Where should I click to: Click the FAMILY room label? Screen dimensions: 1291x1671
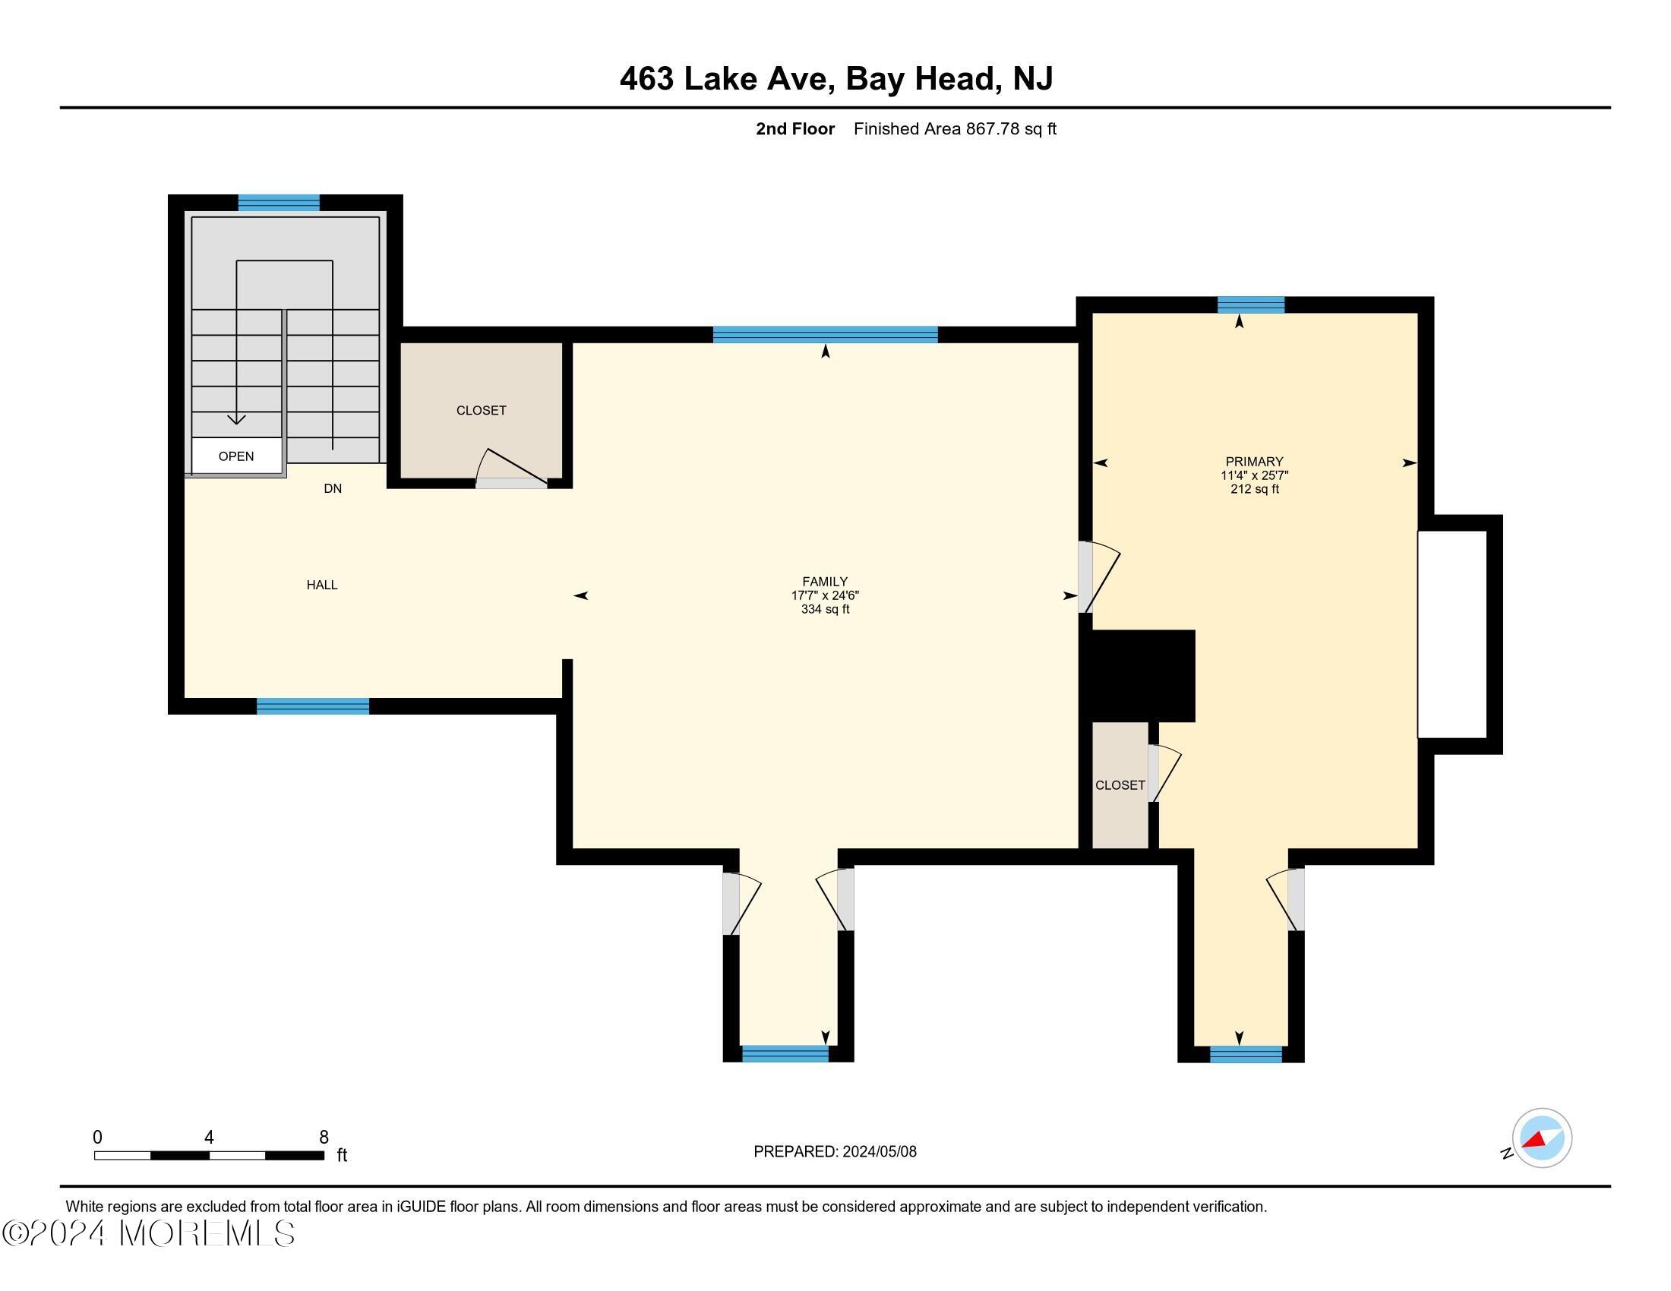(x=824, y=581)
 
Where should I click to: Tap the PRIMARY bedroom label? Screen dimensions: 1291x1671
(x=1254, y=461)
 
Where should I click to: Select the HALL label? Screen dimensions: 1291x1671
(x=321, y=585)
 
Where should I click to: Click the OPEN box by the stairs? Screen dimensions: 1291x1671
(x=235, y=456)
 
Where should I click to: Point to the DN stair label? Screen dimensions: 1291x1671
(x=332, y=489)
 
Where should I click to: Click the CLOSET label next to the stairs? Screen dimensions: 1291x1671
(x=481, y=411)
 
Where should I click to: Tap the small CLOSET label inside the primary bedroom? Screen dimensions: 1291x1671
(x=1120, y=785)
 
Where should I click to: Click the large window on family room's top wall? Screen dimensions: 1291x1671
(x=825, y=334)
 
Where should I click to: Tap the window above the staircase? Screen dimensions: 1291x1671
(x=279, y=203)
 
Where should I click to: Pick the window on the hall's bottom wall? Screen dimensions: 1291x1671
(x=312, y=706)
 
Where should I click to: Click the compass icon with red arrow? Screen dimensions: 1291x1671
(x=1541, y=1138)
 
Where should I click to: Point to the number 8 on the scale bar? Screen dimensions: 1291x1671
(x=324, y=1138)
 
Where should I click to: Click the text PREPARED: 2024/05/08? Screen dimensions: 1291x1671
(x=835, y=1152)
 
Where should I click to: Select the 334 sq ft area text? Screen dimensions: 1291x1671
(x=825, y=610)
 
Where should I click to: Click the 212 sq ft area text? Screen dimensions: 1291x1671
(x=1254, y=490)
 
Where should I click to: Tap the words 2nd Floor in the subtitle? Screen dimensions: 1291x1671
(x=794, y=129)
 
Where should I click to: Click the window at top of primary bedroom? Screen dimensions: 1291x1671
(x=1250, y=305)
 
